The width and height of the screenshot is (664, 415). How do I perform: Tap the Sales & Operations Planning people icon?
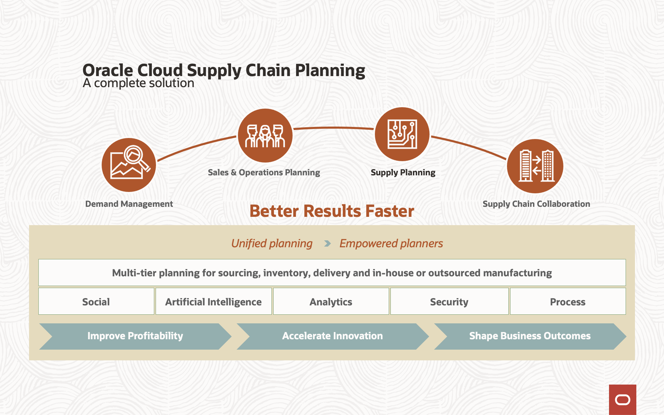coord(265,136)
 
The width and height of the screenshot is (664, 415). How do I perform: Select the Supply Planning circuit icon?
coord(402,134)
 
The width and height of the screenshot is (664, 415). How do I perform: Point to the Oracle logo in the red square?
coord(622,400)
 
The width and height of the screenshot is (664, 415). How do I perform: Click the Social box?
coord(96,301)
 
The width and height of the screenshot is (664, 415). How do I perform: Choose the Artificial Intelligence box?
coord(213,301)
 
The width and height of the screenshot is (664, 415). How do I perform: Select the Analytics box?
coord(331,301)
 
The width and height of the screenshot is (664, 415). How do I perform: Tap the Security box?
coord(449,301)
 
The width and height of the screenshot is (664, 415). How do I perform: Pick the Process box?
coord(568,301)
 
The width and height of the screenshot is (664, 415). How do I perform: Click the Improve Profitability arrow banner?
coord(135,336)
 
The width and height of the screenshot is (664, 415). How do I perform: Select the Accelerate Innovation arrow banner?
coord(333,336)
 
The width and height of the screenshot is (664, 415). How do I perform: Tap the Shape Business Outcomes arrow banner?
coord(530,336)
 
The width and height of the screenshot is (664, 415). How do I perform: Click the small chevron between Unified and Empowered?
coord(328,244)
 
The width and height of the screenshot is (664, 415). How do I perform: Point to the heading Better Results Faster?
coord(332,211)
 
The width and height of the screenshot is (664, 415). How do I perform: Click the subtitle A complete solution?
coord(138,83)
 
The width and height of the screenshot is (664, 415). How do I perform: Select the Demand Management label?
coord(129,204)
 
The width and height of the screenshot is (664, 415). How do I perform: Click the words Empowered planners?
coord(391,243)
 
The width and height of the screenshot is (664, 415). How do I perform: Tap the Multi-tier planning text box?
coord(332,273)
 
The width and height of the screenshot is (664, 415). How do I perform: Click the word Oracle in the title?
coord(108,70)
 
